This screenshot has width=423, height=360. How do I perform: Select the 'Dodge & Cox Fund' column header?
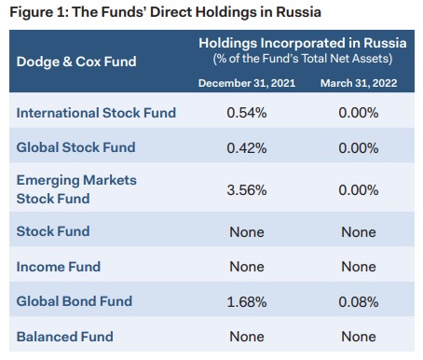tap(75, 62)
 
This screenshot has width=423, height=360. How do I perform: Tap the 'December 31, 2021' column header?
tap(246, 84)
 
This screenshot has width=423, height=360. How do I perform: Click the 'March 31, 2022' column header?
tap(358, 84)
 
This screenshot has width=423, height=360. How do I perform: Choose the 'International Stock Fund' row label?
tap(96, 113)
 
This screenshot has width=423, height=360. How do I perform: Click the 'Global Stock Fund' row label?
tap(75, 146)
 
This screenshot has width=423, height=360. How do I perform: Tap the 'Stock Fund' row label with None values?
tap(53, 230)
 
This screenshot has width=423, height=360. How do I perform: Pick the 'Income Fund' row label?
tap(58, 267)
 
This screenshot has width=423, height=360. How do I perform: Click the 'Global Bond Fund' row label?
tap(74, 301)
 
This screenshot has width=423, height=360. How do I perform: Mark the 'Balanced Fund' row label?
tap(64, 337)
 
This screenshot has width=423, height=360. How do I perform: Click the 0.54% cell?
tap(246, 113)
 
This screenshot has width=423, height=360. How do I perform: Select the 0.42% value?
tap(246, 146)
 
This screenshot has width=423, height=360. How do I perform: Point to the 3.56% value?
tap(246, 189)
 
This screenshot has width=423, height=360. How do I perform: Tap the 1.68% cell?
tap(246, 301)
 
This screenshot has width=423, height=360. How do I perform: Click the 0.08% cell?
tap(358, 301)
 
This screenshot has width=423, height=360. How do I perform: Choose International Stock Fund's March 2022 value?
tap(358, 113)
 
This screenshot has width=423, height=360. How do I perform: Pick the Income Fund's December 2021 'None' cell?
tap(246, 267)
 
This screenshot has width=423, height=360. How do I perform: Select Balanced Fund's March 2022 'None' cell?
tap(358, 337)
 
